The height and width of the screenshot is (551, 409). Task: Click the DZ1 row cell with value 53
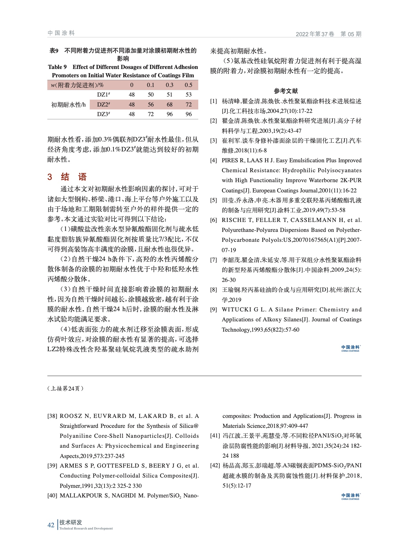point(188,95)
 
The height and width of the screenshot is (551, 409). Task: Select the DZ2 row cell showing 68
point(169,105)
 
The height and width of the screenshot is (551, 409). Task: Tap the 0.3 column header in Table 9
point(169,85)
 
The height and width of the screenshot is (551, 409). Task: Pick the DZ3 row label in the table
point(104,114)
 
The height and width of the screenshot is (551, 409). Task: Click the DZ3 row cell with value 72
point(150,114)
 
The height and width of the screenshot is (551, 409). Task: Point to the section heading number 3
point(50,177)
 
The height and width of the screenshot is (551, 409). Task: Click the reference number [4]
point(214,160)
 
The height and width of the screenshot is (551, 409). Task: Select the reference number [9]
point(214,309)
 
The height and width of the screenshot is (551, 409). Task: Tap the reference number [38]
point(52,416)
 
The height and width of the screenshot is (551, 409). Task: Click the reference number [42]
point(215,465)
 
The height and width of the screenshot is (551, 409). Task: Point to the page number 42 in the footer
point(51,525)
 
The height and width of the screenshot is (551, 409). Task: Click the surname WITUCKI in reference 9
point(237,309)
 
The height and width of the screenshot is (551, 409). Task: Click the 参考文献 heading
point(285,91)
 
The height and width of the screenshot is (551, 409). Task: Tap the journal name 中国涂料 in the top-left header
point(61,33)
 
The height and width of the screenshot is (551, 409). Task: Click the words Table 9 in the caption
point(57,67)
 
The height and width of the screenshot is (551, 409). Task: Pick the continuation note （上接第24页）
point(66,388)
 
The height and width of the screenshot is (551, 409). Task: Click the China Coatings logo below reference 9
point(351,348)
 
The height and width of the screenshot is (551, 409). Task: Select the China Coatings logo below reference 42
point(351,496)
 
